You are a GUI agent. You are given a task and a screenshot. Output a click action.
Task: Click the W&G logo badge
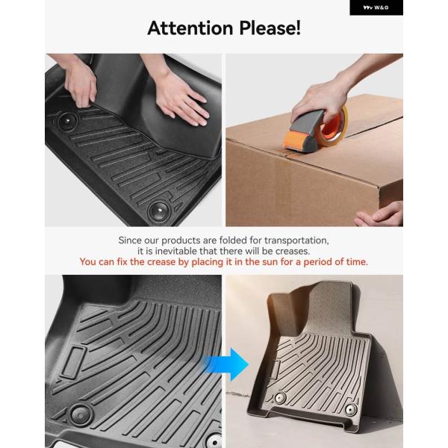376,7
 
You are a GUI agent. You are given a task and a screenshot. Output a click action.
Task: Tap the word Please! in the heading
270,28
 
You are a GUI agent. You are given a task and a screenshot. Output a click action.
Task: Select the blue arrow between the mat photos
225,364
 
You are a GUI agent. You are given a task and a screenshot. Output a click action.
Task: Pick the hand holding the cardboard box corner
380,214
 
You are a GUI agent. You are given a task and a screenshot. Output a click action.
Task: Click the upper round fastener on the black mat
68,121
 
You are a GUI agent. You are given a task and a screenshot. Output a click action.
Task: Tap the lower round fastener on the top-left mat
159,211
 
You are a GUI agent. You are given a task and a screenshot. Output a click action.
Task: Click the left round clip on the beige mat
280,397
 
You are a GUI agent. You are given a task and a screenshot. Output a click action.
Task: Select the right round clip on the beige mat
351,409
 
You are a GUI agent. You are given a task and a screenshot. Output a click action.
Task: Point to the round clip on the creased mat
81,415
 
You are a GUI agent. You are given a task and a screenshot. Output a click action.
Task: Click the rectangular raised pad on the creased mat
73,362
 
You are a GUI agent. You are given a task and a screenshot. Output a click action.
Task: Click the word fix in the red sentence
122,262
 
